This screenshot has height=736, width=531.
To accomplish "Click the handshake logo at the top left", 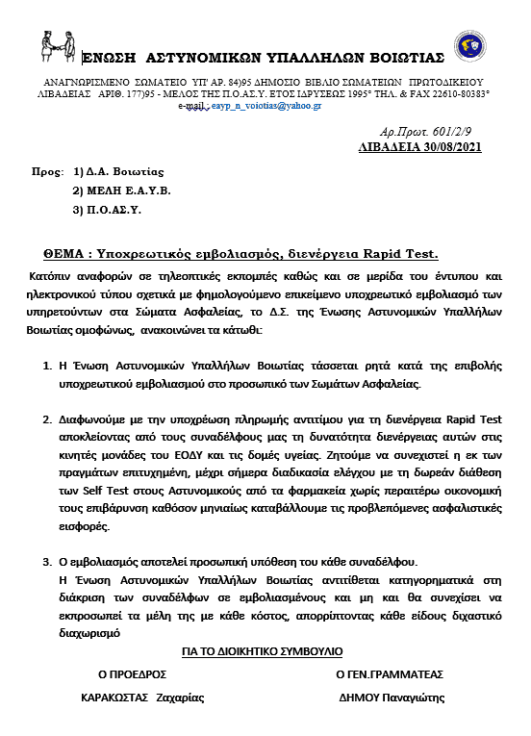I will [x=58, y=44].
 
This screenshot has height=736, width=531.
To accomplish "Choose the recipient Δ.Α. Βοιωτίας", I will [x=120, y=172].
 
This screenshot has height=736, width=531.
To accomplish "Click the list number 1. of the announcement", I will [x=49, y=368].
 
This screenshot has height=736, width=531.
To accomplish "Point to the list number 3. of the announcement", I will [x=49, y=561].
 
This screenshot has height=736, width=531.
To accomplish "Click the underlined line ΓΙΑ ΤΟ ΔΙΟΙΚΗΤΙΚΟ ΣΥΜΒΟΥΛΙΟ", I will [x=263, y=651].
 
